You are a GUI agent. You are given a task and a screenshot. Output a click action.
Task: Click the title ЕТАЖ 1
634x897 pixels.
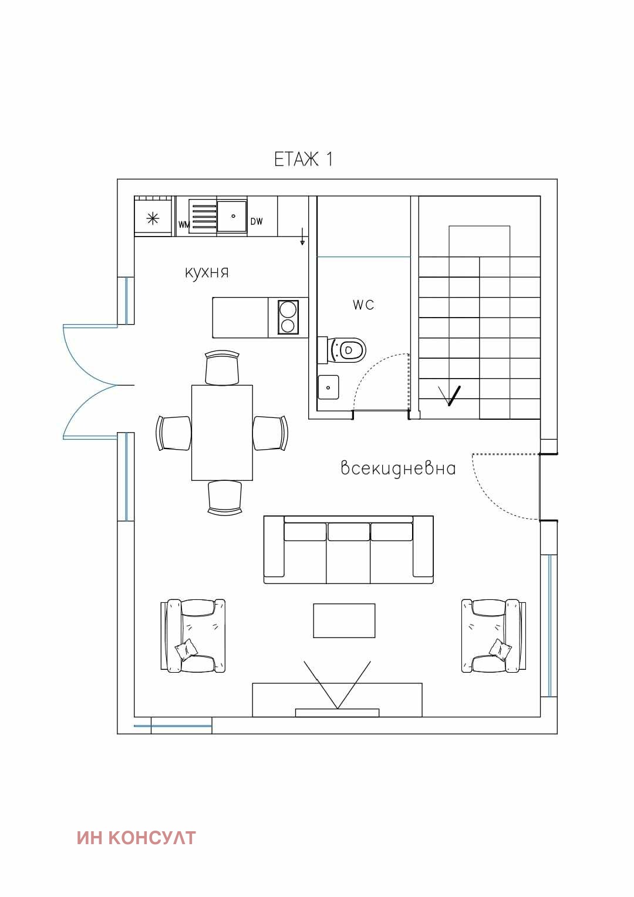[303, 159]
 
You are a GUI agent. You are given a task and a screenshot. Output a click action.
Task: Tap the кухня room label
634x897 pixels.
[207, 272]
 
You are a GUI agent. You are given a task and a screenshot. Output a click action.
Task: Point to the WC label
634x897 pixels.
[363, 305]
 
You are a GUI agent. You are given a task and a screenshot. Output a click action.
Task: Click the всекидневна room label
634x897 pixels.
[398, 468]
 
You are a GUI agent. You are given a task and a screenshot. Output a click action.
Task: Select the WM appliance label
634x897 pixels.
[184, 225]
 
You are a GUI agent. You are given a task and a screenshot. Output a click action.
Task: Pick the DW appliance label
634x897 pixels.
[257, 221]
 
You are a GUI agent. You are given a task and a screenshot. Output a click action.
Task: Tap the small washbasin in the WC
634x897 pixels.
[328, 387]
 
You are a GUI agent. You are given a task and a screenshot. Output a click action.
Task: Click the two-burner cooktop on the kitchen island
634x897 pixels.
[288, 317]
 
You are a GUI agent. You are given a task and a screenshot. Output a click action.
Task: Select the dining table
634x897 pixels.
[222, 433]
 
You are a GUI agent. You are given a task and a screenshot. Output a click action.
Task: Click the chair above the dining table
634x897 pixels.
[222, 367]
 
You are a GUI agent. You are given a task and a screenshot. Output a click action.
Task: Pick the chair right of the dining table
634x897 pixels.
[271, 433]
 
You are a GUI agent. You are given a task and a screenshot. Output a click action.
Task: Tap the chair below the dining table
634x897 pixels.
[225, 497]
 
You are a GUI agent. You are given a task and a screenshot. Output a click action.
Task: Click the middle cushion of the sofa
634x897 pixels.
[348, 554]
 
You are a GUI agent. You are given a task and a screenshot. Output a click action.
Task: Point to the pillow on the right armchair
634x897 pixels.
[500, 649]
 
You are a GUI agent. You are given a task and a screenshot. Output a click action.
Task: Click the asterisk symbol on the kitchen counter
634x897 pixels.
[153, 218]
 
